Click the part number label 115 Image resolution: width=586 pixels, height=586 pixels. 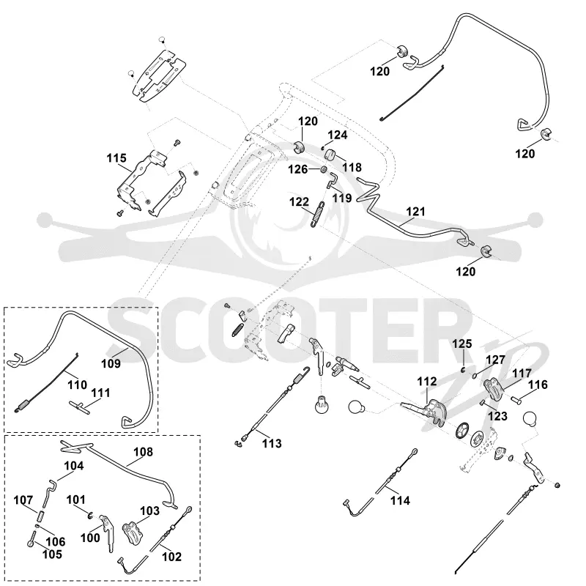pyautogui.click(x=116, y=158)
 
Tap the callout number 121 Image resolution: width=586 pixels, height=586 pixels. pyautogui.click(x=415, y=212)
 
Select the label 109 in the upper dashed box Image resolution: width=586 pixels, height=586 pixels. pyautogui.click(x=111, y=363)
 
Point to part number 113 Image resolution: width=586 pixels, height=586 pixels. pyautogui.click(x=272, y=443)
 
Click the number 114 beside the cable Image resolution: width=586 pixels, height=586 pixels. pyautogui.click(x=400, y=500)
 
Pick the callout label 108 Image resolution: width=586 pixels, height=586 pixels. pyautogui.click(x=143, y=452)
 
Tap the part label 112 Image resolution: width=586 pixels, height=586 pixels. pyautogui.click(x=427, y=382)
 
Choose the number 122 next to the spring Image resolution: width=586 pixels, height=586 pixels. pyautogui.click(x=300, y=202)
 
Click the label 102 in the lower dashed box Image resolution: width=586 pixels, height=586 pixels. pyautogui.click(x=171, y=557)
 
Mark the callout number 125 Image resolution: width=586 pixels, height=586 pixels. pyautogui.click(x=462, y=344)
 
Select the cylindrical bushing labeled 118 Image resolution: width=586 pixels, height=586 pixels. pyautogui.click(x=331, y=154)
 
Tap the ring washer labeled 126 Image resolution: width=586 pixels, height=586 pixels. pyautogui.click(x=323, y=170)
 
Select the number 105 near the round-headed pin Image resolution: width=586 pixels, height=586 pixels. pyautogui.click(x=52, y=555)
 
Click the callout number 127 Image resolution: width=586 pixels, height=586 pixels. pyautogui.click(x=496, y=360)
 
